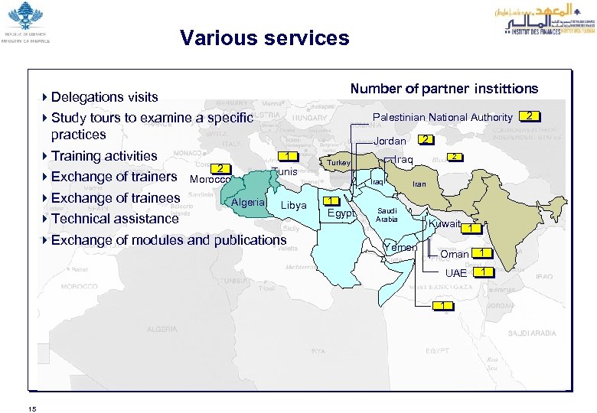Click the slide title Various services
264,38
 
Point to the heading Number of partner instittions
444,89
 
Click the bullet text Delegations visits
104,97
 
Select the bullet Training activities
104,156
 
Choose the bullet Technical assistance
114,219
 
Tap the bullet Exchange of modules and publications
168,240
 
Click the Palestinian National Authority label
442,117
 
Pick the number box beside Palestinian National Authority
530,116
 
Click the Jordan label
390,141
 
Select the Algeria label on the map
248,202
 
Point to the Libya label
294,205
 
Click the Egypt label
341,213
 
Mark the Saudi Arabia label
387,214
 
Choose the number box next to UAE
484,272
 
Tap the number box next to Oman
481,253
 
